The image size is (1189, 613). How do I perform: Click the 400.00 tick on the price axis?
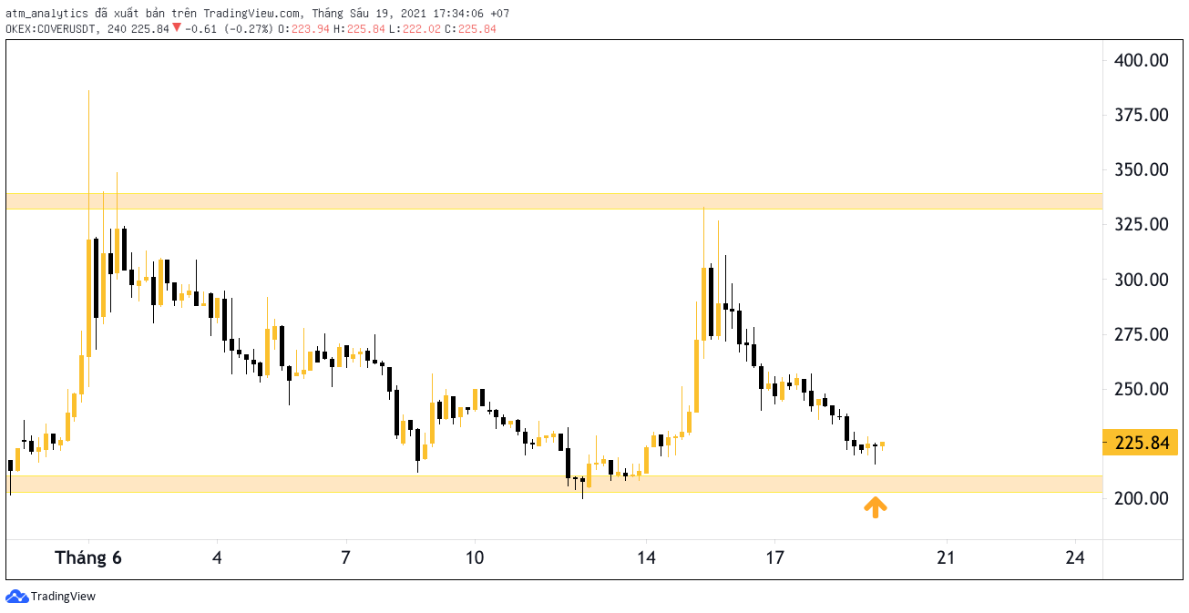[x=1142, y=60]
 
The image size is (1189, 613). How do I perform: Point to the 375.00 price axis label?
[x=1142, y=115]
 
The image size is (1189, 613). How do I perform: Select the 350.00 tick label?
[x=1142, y=169]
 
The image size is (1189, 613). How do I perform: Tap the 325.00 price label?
[x=1142, y=224]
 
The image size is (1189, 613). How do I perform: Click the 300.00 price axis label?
[x=1142, y=280]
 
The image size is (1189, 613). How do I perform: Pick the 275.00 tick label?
[x=1142, y=334]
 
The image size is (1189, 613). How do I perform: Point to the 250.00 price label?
[x=1142, y=389]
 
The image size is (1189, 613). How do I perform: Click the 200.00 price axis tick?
[x=1142, y=498]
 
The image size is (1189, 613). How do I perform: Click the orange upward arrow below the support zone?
[x=876, y=506]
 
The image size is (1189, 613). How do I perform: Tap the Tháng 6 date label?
[x=88, y=557]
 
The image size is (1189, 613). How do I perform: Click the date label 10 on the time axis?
[x=475, y=557]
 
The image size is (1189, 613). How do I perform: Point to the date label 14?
[x=646, y=557]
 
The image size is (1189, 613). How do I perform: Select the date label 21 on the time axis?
[x=946, y=557]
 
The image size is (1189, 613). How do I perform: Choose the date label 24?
[x=1075, y=557]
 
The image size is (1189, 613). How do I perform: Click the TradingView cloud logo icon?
[x=16, y=597]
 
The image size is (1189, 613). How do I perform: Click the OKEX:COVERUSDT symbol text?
[x=52, y=29]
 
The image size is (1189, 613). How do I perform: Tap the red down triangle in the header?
[x=176, y=28]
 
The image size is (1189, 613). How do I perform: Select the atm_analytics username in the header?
[x=46, y=14]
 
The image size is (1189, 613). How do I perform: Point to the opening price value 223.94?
[x=310, y=29]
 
